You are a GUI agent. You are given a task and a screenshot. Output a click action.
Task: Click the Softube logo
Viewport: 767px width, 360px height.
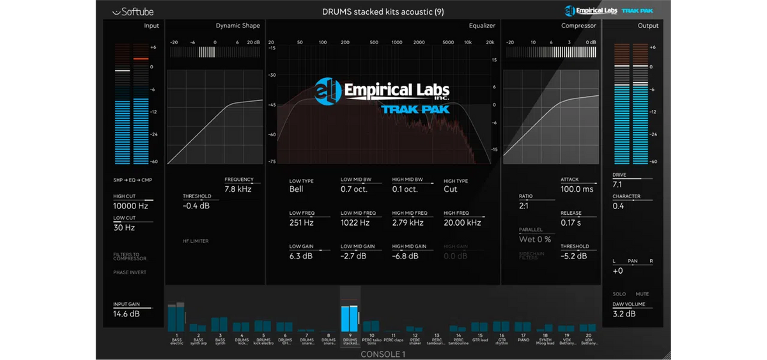coord(133,11)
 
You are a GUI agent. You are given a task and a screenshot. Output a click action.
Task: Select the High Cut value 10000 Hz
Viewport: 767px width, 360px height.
coord(130,207)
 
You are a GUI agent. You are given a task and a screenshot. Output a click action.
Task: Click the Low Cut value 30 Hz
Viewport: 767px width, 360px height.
coord(124,228)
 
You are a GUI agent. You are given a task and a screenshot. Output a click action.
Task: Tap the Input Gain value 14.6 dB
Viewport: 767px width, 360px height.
coord(127,314)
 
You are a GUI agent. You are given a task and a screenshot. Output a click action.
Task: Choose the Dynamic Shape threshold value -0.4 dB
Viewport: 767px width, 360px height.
coord(197,206)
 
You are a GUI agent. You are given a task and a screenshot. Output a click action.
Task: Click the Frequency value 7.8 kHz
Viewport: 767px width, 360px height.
coord(238,189)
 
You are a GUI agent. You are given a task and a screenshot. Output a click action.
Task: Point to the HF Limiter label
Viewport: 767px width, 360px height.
coord(196,241)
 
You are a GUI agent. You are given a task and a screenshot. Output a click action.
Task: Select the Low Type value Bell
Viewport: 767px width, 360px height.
coord(297,189)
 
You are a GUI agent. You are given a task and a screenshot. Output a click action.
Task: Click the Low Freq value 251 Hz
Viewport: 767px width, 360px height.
coord(301,223)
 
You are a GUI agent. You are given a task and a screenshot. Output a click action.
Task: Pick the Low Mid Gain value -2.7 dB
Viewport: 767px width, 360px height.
coord(353,256)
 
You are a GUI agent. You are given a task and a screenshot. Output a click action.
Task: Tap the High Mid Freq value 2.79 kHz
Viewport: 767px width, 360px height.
coord(408,223)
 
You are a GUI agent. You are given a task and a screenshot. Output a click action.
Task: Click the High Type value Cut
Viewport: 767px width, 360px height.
coord(451,189)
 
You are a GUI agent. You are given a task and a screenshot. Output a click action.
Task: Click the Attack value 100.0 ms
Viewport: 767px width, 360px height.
coord(577,189)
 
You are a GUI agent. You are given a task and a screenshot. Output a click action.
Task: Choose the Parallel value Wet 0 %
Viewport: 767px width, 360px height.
coord(535,239)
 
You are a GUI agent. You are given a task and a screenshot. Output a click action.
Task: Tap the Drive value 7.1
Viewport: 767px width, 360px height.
coord(617,184)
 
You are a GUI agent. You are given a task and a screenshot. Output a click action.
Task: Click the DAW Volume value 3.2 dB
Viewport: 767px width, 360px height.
coord(624,314)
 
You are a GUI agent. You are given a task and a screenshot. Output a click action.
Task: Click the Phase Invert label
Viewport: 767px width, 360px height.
coord(130,272)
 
